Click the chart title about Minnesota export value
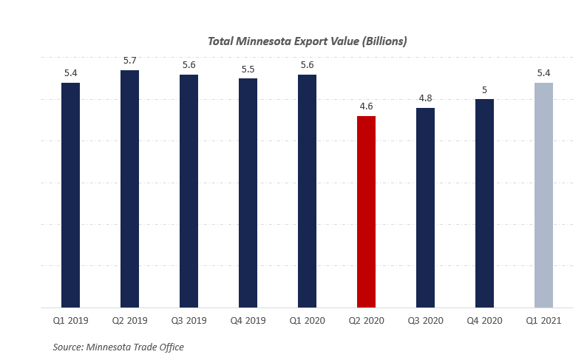[307, 41]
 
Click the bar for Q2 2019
[129, 189]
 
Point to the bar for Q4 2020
[484, 203]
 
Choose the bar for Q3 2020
[425, 207]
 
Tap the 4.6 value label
[366, 106]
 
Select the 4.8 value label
[425, 98]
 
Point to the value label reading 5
[484, 89]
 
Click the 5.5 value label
[248, 69]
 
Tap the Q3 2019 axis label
[189, 321]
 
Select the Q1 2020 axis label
[307, 321]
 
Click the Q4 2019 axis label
[248, 321]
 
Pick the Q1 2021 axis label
[543, 321]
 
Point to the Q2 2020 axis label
[366, 321]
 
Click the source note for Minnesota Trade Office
[118, 347]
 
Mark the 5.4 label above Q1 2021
[543, 73]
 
